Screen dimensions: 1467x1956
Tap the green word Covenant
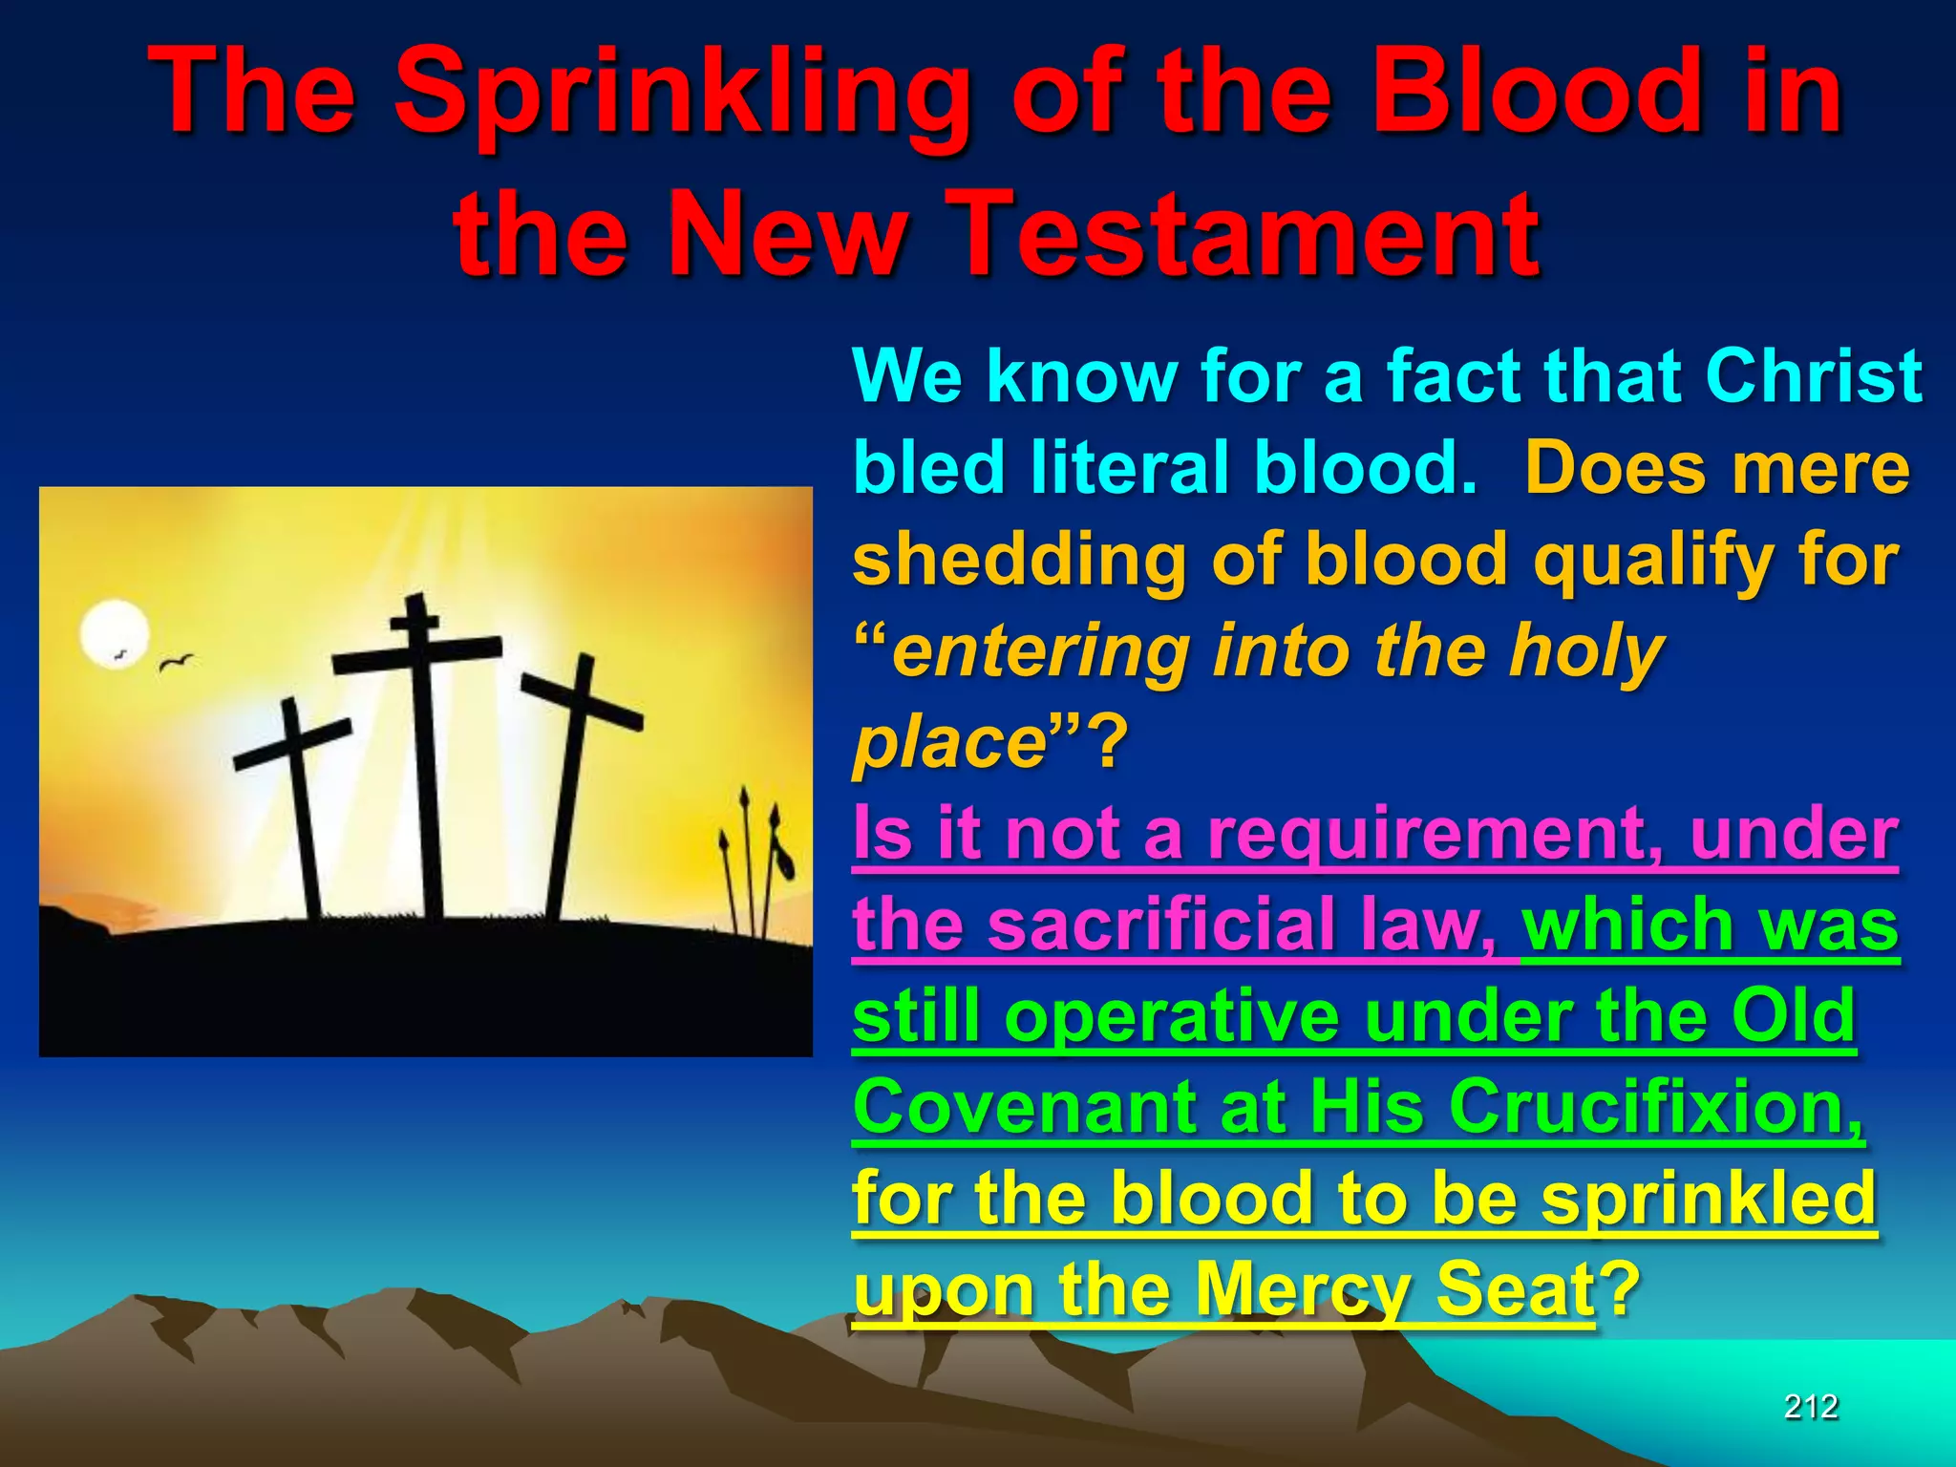[x=1020, y=1108]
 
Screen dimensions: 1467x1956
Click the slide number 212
[x=1811, y=1407]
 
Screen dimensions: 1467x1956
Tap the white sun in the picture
[x=115, y=634]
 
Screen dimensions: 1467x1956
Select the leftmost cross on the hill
[x=300, y=812]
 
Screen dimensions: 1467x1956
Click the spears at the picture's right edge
[x=755, y=860]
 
